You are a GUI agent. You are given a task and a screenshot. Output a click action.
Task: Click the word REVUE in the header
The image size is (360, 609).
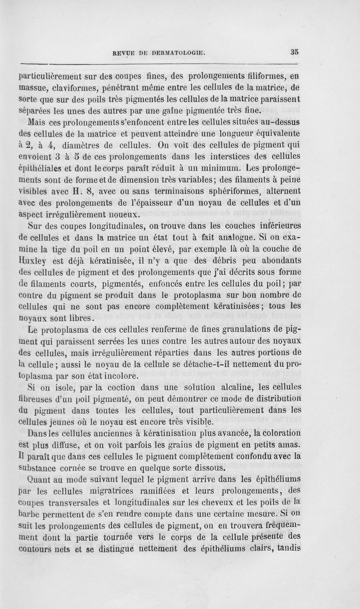[123, 52]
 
